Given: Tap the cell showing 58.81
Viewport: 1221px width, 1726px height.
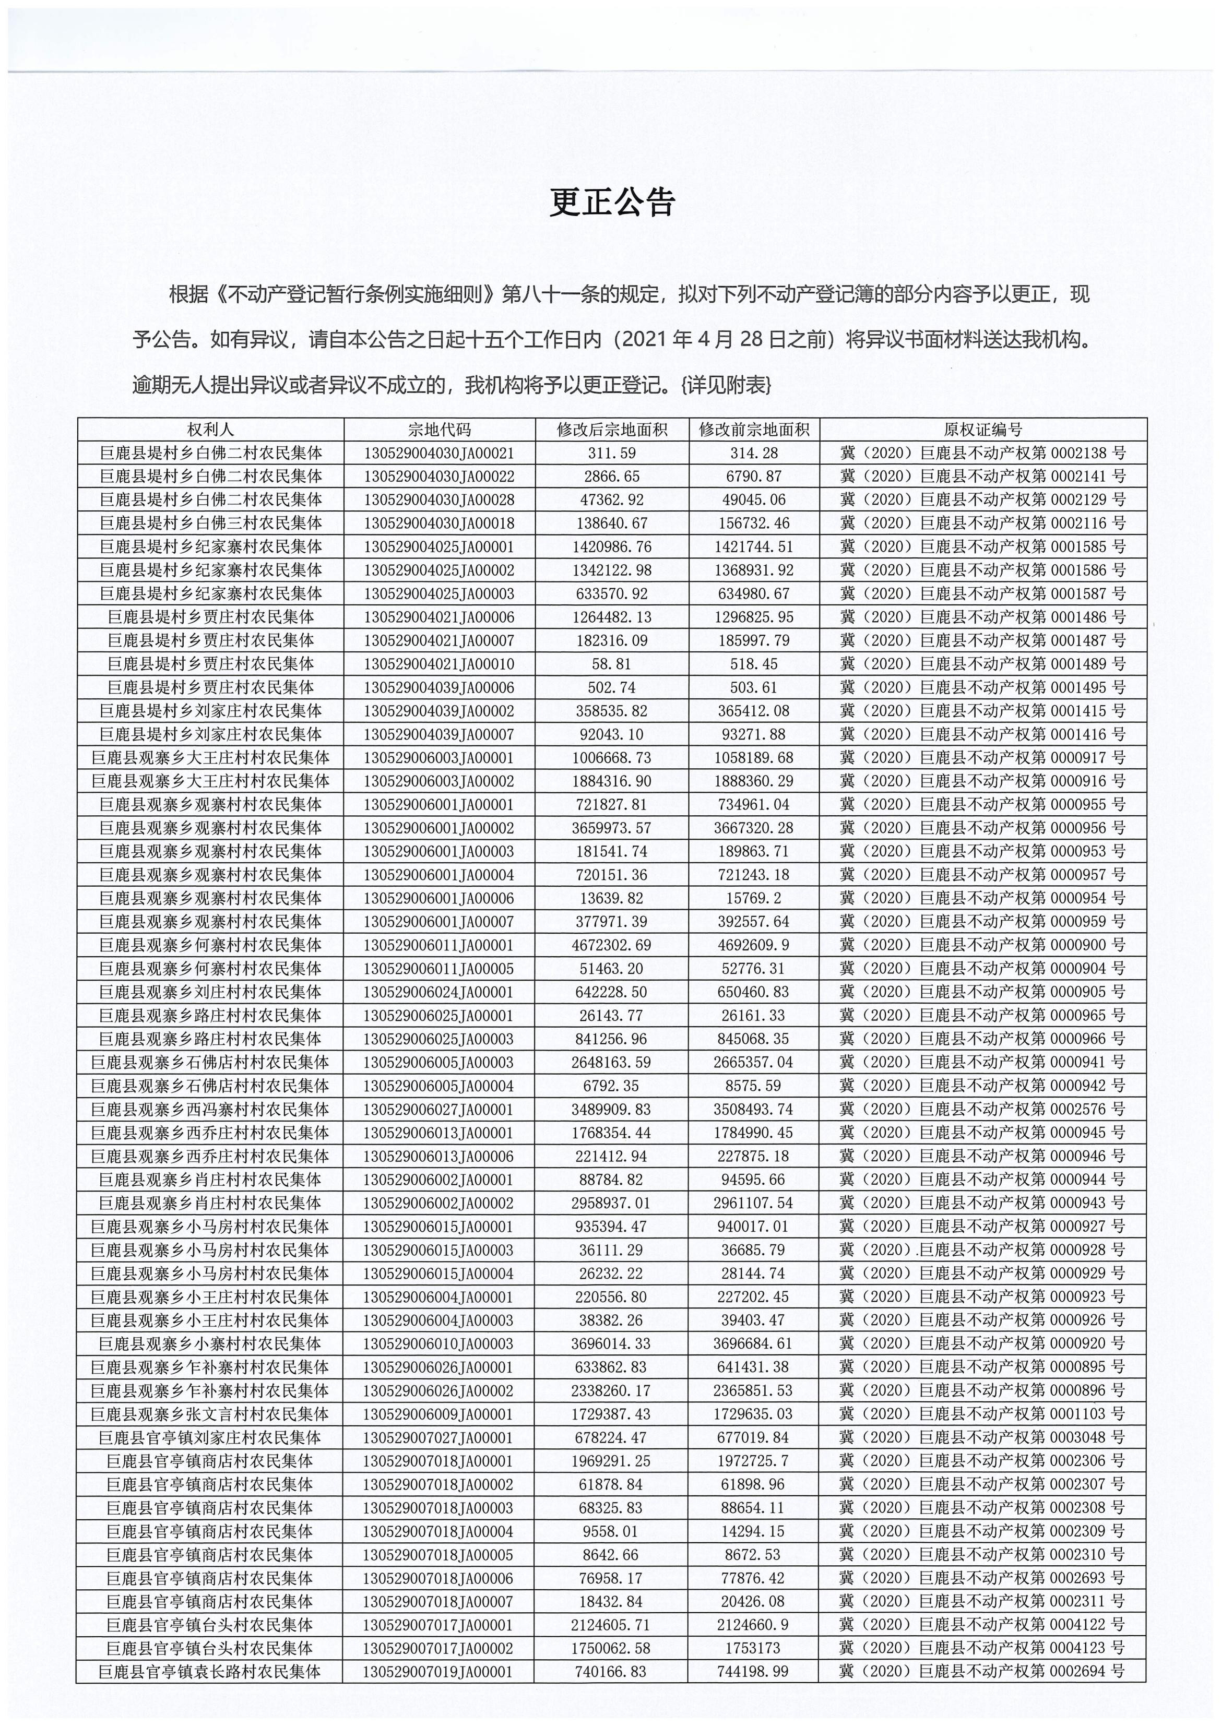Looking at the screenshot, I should (x=611, y=664).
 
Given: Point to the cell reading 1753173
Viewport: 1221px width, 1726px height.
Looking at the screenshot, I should (x=753, y=1649).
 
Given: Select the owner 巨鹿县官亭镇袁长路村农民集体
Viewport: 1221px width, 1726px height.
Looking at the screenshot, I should (x=210, y=1673).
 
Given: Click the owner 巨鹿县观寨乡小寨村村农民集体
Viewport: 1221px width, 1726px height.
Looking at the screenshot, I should (x=210, y=1344).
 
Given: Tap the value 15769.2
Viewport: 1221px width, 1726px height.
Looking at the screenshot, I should (x=753, y=898).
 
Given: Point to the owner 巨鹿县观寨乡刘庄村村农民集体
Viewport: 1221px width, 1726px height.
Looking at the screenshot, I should (x=210, y=992).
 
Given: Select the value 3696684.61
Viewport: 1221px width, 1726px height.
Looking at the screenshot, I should (x=753, y=1344).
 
